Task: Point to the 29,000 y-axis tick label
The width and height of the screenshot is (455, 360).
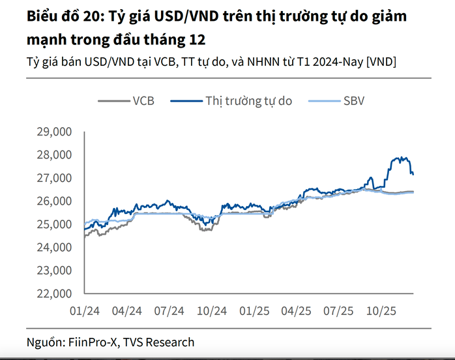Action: pyautogui.click(x=55, y=132)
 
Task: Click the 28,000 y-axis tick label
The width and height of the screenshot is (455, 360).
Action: pyautogui.click(x=55, y=155)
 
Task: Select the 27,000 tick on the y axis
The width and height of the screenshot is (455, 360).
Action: pyautogui.click(x=55, y=178)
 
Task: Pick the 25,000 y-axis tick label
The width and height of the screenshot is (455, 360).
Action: pyautogui.click(x=55, y=224)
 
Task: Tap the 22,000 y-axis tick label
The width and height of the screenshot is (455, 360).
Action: pyautogui.click(x=55, y=293)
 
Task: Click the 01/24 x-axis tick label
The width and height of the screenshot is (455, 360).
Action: pyautogui.click(x=85, y=311)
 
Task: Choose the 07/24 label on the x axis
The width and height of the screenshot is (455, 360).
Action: pyautogui.click(x=169, y=311)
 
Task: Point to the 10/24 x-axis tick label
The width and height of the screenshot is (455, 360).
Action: pyautogui.click(x=211, y=311)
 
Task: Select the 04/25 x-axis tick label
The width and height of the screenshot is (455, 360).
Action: pyautogui.click(x=295, y=311)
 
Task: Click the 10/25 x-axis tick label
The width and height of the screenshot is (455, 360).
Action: pyautogui.click(x=379, y=311)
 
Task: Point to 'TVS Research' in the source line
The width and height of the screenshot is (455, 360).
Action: pyautogui.click(x=160, y=342)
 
